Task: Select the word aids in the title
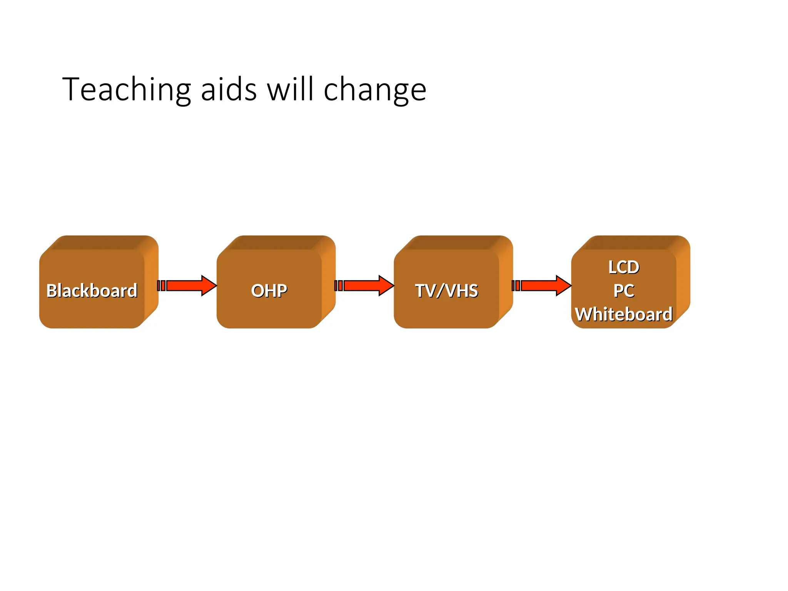pyautogui.click(x=229, y=90)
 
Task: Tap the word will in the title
pyautogui.click(x=290, y=89)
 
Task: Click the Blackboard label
pyautogui.click(x=92, y=290)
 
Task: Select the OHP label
pyautogui.click(x=269, y=290)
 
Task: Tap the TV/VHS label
pyautogui.click(x=447, y=290)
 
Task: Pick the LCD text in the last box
pyautogui.click(x=624, y=267)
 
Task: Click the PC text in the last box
pyautogui.click(x=624, y=290)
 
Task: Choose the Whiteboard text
pyautogui.click(x=624, y=314)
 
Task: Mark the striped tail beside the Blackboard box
pyautogui.click(x=161, y=285)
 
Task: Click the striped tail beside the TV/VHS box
pyautogui.click(x=516, y=285)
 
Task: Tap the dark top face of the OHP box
pyautogui.click(x=275, y=242)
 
